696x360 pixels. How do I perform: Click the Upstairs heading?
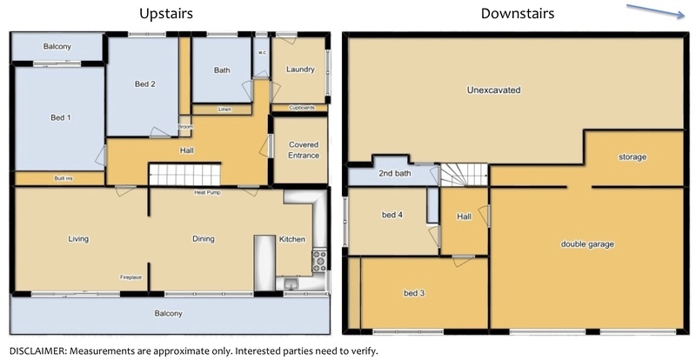(x=166, y=14)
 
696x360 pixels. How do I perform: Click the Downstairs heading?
(x=518, y=13)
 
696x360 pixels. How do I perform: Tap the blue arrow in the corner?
(x=656, y=11)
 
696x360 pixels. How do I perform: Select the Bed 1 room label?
(x=61, y=117)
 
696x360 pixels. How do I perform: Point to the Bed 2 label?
(x=144, y=83)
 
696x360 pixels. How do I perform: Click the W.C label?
(x=262, y=53)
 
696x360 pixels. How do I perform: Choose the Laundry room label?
(x=300, y=70)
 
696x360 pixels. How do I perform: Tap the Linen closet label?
(x=225, y=110)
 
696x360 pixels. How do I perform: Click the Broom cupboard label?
(x=185, y=127)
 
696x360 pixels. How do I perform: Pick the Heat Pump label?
(x=207, y=193)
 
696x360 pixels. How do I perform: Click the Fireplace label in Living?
(x=131, y=277)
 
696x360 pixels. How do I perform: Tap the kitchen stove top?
(x=319, y=261)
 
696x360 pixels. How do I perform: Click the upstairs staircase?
(x=184, y=175)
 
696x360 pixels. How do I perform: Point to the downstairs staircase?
(x=465, y=175)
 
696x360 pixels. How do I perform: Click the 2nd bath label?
(x=395, y=174)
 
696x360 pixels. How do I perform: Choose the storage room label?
(x=632, y=157)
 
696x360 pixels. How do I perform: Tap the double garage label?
(x=587, y=244)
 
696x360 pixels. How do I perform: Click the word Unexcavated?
(x=493, y=90)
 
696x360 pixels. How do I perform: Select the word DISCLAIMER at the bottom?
(x=37, y=351)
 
